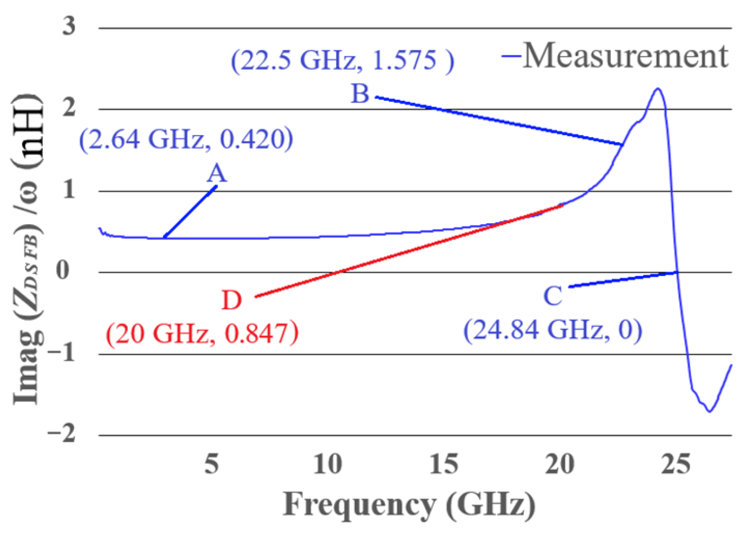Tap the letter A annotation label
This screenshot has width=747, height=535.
pyautogui.click(x=216, y=173)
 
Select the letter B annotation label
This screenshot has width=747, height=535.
pyautogui.click(x=360, y=94)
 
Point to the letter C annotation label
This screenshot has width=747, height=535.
pyautogui.click(x=553, y=296)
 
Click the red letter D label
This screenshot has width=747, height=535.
pyautogui.click(x=231, y=300)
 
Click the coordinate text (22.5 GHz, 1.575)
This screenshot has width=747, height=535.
pyautogui.click(x=342, y=60)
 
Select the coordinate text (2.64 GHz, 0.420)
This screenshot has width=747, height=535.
pyautogui.click(x=186, y=139)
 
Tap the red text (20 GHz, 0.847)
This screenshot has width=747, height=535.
pyautogui.click(x=202, y=333)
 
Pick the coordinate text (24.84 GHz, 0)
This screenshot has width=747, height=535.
pyautogui.click(x=553, y=330)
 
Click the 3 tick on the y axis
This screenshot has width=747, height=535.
pyautogui.click(x=69, y=26)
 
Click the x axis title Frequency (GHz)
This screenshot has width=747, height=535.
pyautogui.click(x=409, y=504)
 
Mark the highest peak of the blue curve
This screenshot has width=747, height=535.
pyautogui.click(x=657, y=89)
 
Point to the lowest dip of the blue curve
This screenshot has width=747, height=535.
pyautogui.click(x=710, y=411)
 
